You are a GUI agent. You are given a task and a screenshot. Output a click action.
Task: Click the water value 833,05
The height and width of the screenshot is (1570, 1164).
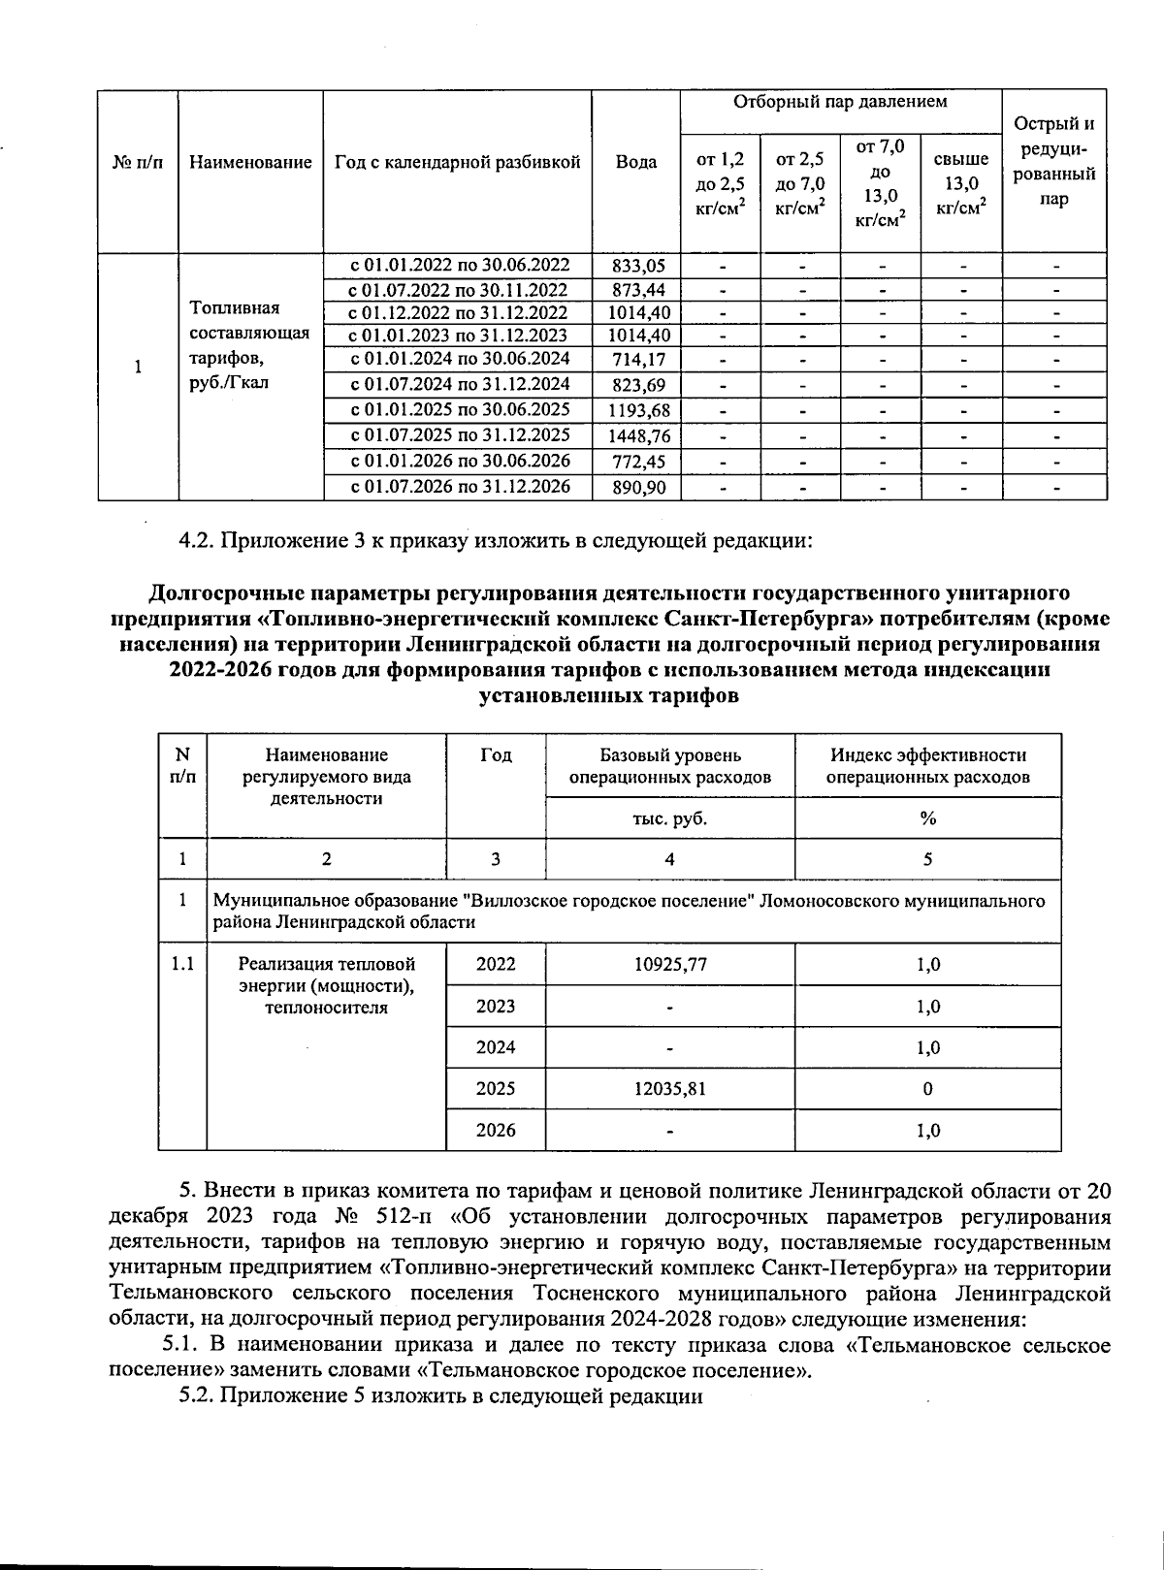click(636, 266)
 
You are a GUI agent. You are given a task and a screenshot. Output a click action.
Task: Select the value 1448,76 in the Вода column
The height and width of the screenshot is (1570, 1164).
click(636, 436)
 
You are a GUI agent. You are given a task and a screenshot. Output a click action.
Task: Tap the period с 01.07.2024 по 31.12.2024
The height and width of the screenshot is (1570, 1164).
click(459, 384)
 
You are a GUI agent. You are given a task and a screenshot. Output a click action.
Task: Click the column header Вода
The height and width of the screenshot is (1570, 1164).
click(636, 163)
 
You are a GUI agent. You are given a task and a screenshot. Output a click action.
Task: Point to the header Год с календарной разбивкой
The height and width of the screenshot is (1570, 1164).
click(458, 163)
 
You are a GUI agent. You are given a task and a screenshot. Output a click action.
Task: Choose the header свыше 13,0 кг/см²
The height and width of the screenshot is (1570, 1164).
click(960, 182)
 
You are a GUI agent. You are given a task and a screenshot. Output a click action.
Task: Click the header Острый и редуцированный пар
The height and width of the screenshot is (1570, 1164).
click(1054, 161)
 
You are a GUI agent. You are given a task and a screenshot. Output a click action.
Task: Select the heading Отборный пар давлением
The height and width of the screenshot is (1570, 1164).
click(840, 102)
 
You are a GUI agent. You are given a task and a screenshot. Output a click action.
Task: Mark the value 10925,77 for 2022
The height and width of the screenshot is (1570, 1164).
click(669, 965)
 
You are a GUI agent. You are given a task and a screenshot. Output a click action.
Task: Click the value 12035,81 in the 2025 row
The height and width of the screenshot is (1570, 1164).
click(669, 1089)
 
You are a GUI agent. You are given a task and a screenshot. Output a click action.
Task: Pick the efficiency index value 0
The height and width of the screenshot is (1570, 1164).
click(927, 1089)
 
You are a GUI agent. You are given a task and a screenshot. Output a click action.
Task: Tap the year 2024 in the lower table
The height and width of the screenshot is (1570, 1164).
click(496, 1047)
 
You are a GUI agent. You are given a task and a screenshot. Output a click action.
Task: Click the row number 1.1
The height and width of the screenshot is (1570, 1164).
click(182, 965)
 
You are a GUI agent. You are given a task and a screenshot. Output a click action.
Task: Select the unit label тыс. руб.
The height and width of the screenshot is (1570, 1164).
click(669, 818)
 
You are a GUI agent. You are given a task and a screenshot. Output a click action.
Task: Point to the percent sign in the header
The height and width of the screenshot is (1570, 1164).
click(927, 818)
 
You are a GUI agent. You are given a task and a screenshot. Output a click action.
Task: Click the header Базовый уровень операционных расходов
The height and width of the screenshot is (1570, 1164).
click(669, 766)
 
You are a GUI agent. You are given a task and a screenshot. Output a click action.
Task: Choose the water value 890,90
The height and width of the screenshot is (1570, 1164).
click(636, 488)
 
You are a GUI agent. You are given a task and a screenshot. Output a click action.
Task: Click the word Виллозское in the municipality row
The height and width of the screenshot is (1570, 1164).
click(513, 901)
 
